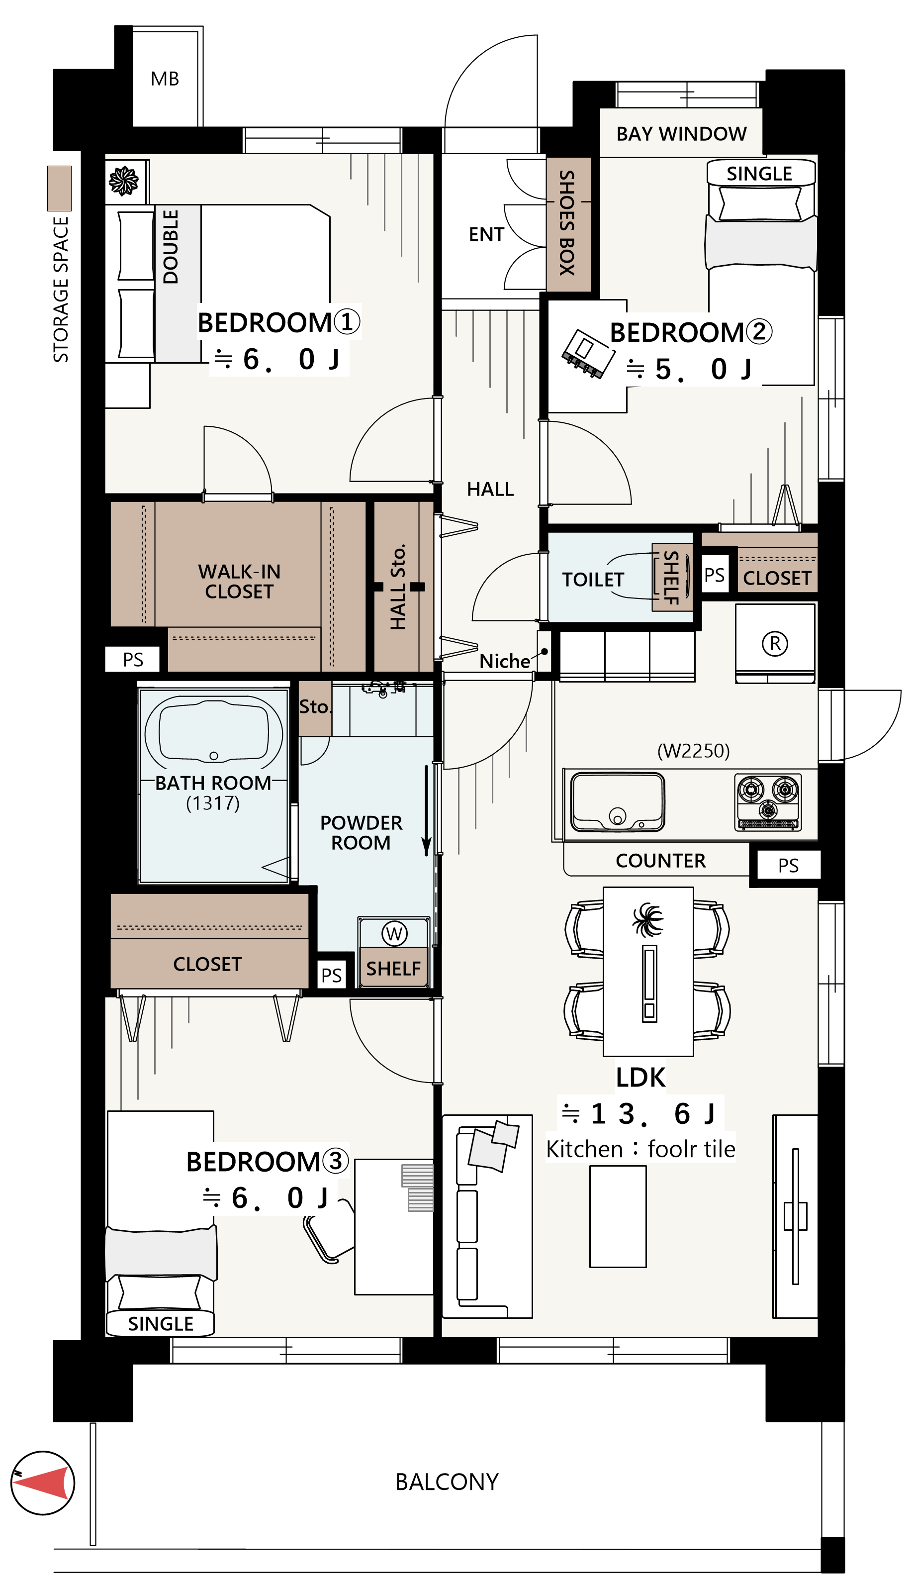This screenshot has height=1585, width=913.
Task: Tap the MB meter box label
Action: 165,79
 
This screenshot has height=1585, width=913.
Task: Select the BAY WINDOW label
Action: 682,134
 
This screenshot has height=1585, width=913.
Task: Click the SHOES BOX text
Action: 567,223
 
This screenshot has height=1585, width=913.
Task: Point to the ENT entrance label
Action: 487,235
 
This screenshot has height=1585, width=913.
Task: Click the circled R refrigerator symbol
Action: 775,644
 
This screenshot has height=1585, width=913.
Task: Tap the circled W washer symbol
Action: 394,934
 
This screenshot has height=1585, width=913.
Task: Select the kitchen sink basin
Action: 618,801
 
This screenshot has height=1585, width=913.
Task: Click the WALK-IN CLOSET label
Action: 240,582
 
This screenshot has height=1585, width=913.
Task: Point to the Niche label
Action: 505,661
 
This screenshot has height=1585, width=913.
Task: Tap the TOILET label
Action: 593,580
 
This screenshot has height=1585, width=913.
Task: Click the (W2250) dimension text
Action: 694,751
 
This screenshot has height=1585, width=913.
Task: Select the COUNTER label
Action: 661,861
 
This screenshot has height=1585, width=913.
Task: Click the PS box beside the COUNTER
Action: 788,866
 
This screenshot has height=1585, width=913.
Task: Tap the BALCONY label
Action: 447,1482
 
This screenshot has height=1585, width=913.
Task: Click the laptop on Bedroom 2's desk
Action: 588,354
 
